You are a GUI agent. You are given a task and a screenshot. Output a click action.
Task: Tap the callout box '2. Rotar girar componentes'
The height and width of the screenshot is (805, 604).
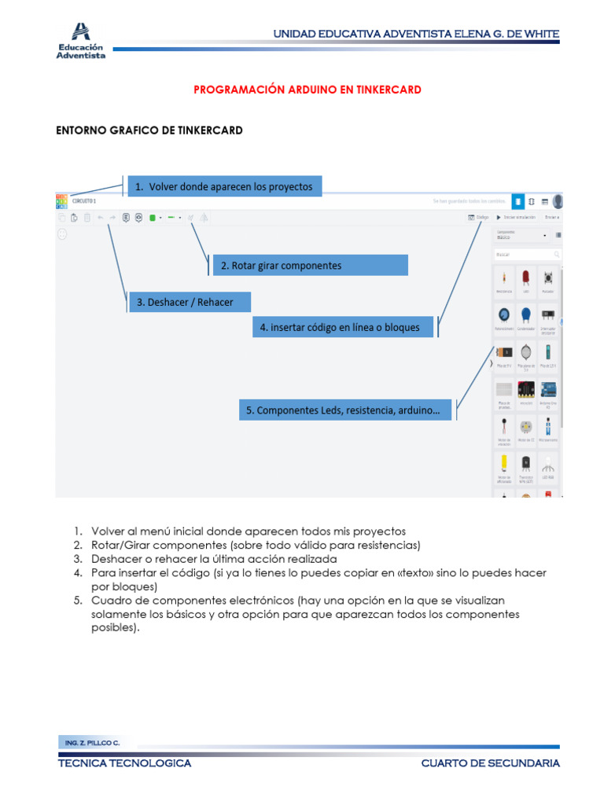[310, 266]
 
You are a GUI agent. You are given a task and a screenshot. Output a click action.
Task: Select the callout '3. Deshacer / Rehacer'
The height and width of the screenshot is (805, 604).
[190, 302]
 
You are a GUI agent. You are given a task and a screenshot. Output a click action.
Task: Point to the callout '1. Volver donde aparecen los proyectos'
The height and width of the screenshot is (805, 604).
[223, 186]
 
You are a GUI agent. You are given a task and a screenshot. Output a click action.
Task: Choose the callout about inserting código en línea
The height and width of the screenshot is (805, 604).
[344, 327]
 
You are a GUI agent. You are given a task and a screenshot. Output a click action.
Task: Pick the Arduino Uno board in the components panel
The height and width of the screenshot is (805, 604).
[548, 391]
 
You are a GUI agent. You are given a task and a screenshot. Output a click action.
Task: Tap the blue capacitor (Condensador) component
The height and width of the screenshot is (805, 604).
[525, 315]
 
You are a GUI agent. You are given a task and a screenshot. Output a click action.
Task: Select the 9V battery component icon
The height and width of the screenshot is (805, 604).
[503, 352]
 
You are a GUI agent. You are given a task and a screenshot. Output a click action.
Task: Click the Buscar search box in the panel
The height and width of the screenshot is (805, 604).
[527, 255]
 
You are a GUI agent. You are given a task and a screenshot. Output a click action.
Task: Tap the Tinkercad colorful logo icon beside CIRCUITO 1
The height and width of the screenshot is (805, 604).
[61, 201]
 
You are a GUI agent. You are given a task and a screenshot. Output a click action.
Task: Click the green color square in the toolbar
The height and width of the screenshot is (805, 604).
[153, 217]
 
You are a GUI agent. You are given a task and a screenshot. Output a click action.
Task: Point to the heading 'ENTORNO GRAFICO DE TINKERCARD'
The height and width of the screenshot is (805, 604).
[149, 130]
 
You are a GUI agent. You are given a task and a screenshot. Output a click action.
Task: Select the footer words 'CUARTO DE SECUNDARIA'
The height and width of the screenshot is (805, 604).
[490, 763]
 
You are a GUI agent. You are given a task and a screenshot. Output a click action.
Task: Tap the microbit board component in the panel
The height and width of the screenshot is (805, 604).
[525, 391]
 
